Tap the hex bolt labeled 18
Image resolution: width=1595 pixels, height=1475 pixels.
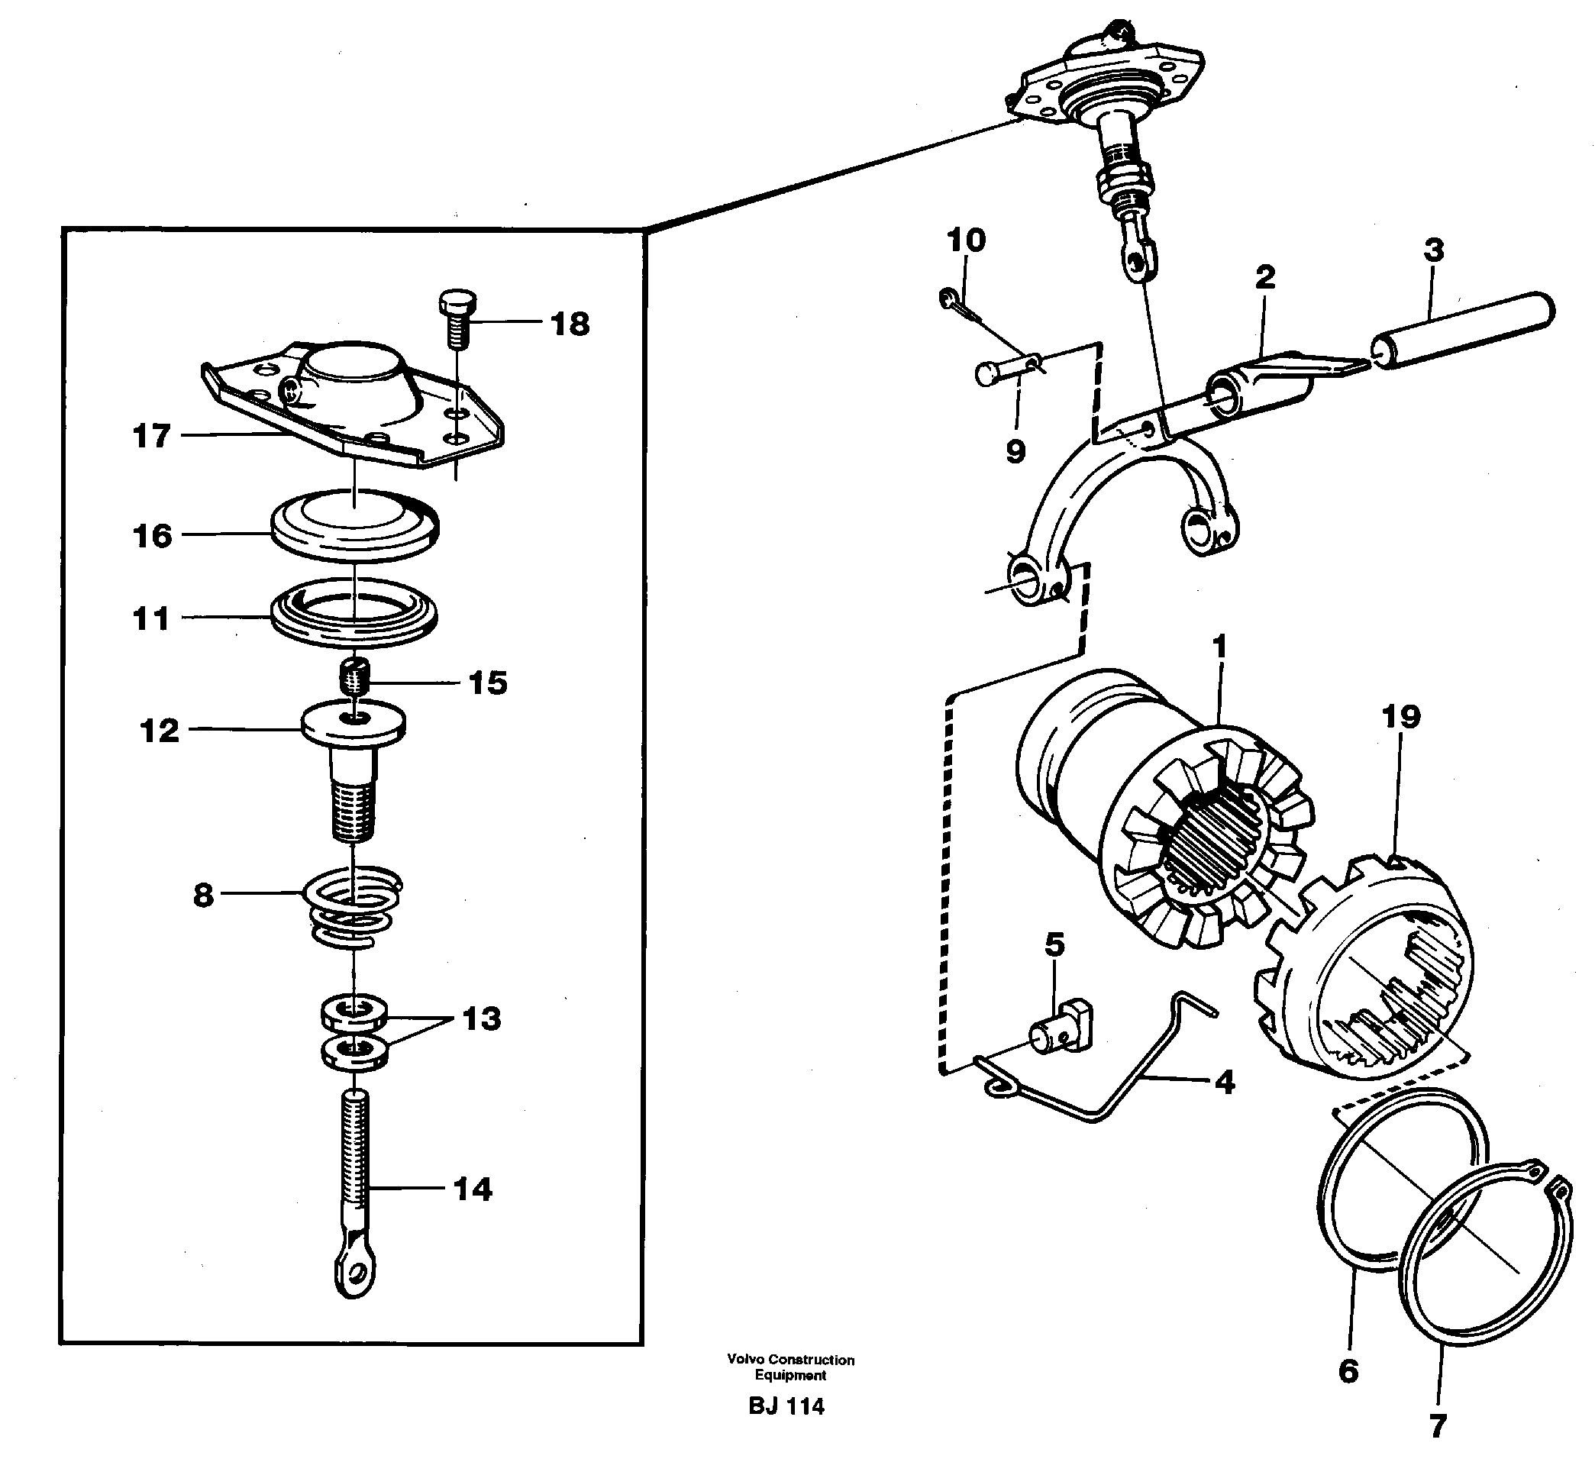click(x=457, y=316)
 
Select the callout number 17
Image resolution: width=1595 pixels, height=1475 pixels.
click(x=152, y=436)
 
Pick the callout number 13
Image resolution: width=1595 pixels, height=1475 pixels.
click(x=481, y=1018)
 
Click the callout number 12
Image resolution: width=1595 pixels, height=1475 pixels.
click(x=160, y=731)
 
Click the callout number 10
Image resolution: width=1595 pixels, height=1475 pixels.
click(x=966, y=240)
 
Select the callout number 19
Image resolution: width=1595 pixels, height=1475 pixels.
click(x=1401, y=717)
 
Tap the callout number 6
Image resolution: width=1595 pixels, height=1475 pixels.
click(x=1348, y=1371)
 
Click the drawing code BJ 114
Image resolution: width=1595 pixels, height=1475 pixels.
click(x=786, y=1406)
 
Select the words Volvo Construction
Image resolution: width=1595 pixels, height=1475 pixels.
click(x=790, y=1359)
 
